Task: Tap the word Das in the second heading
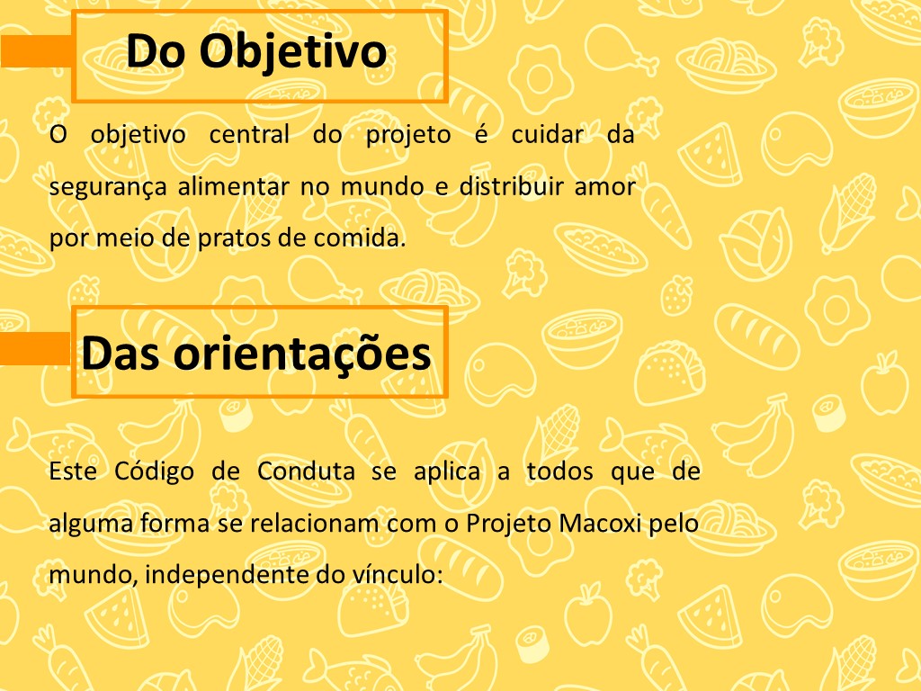[x=121, y=354]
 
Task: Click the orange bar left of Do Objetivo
[x=36, y=50]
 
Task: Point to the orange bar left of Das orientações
[x=35, y=348]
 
